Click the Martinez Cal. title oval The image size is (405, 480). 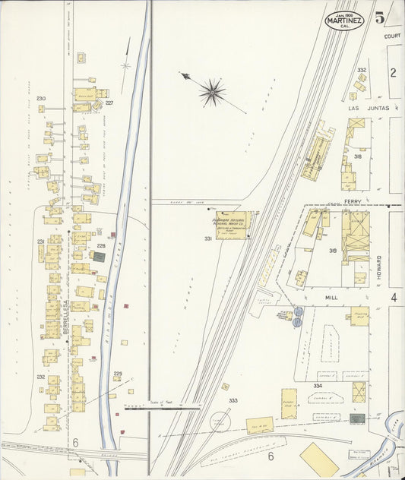(x=345, y=21)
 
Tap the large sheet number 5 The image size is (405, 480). (x=378, y=18)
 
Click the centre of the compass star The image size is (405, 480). (x=211, y=92)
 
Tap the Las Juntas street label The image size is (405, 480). (x=368, y=109)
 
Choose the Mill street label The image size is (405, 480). (x=330, y=298)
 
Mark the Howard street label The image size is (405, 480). (x=378, y=268)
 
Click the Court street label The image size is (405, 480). (x=392, y=36)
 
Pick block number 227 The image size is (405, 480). (x=109, y=103)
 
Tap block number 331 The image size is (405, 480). (x=208, y=239)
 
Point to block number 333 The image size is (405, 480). (x=233, y=400)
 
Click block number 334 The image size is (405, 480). (x=318, y=386)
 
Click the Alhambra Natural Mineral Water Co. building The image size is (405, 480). (x=232, y=226)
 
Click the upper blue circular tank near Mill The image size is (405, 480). (x=298, y=311)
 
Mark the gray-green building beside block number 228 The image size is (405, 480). (x=99, y=257)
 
